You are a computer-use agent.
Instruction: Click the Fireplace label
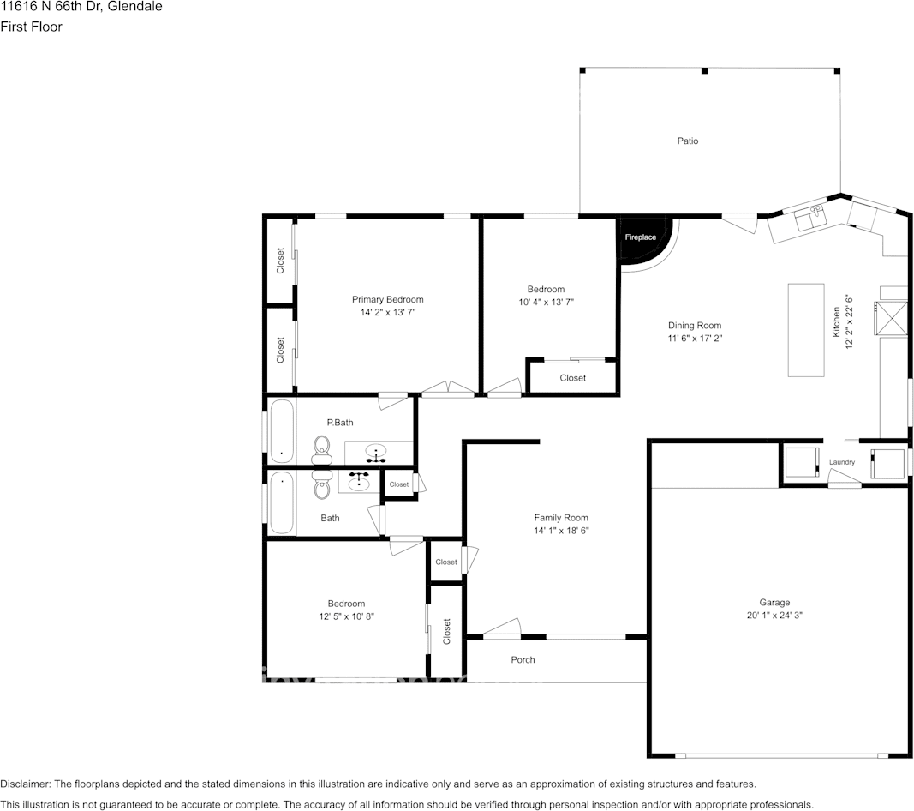pos(640,237)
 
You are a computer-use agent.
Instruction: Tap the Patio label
pos(687,141)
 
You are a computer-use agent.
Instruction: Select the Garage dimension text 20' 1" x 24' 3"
pos(774,615)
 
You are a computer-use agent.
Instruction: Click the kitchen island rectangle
pos(806,330)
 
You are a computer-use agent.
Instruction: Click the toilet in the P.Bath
pos(322,447)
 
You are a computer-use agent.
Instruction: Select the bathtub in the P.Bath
pos(282,431)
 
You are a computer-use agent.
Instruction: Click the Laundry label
pos(841,463)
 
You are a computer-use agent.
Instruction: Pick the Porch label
pos(523,660)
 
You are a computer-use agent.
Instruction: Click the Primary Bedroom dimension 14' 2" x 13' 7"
pos(387,313)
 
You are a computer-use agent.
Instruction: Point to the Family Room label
pos(561,518)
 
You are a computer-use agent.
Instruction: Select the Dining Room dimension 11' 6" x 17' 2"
pos(695,339)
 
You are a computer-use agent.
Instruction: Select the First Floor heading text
pos(31,27)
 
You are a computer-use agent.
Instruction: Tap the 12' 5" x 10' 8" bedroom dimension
pos(346,616)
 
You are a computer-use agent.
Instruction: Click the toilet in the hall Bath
pos(322,485)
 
